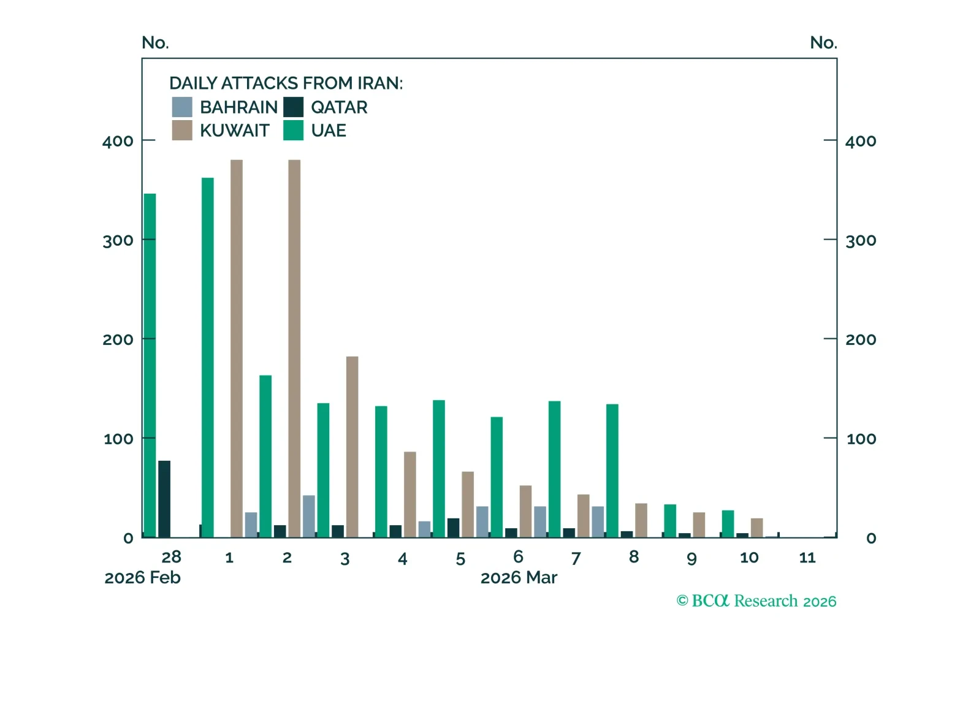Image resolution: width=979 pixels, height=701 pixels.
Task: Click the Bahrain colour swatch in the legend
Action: click(x=182, y=107)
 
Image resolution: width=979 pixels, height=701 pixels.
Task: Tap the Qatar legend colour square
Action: click(x=293, y=107)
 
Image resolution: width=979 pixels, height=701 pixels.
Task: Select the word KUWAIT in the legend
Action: click(x=234, y=131)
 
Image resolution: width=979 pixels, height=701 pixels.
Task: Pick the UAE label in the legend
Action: click(x=328, y=131)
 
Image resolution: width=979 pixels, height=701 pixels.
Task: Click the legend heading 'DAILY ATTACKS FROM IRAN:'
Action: click(x=286, y=83)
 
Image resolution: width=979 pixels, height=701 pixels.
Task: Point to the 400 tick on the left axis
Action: click(x=118, y=141)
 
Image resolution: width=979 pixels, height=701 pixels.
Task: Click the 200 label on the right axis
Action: click(x=860, y=339)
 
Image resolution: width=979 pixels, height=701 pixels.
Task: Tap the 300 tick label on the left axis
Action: click(x=118, y=240)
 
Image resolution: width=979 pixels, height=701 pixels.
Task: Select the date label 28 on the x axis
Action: click(x=171, y=557)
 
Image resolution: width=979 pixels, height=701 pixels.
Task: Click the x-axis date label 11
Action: click(x=807, y=558)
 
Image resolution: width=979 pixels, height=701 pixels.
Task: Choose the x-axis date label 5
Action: click(x=460, y=559)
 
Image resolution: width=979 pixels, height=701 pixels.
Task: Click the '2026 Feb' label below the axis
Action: click(x=142, y=578)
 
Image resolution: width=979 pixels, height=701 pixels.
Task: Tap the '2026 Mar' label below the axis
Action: click(x=519, y=578)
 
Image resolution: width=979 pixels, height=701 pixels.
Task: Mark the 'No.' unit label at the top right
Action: click(x=823, y=43)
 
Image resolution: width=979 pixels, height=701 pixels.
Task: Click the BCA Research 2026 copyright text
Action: click(x=756, y=601)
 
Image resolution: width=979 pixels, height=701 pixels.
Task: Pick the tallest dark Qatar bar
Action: click(x=164, y=499)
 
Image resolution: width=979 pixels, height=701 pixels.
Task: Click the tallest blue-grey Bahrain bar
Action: click(x=309, y=516)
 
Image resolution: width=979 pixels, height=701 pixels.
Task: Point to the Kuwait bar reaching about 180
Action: click(x=352, y=447)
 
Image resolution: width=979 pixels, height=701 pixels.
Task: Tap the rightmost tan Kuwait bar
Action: click(x=756, y=528)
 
